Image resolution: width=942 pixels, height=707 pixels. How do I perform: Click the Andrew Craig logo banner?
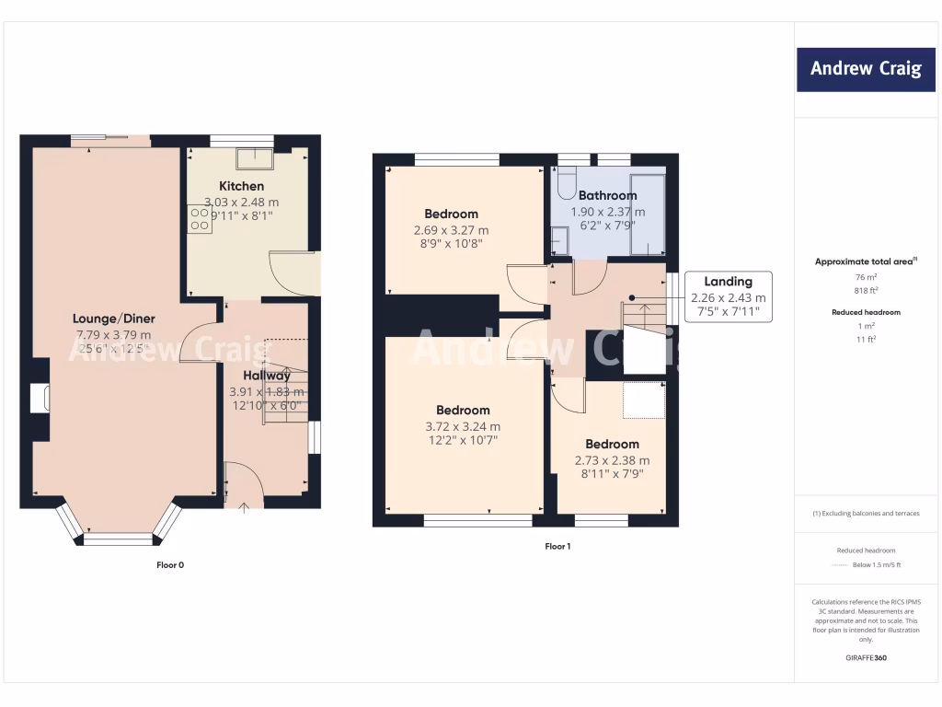point(865,69)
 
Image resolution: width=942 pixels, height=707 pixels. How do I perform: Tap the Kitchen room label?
point(241,186)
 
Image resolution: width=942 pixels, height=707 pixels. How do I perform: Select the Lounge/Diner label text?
point(113,319)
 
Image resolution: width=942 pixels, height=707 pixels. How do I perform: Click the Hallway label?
point(266,375)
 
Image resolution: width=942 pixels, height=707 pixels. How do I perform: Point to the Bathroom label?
point(607,195)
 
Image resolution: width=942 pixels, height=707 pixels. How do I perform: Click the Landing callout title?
point(728,282)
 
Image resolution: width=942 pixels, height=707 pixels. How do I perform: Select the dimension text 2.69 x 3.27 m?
point(451,230)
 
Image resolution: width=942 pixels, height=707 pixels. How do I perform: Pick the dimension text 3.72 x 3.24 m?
point(463,426)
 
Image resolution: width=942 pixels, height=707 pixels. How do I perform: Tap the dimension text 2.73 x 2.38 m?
point(612,460)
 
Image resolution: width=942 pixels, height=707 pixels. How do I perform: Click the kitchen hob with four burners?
point(200,219)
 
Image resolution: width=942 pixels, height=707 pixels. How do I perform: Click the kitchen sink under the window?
point(253,159)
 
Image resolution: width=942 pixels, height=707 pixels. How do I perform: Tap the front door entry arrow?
point(244,505)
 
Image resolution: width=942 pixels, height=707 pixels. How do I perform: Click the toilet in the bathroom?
point(566,179)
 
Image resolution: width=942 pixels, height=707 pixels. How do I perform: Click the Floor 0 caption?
point(169,565)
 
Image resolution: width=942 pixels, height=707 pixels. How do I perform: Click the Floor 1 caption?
point(557,547)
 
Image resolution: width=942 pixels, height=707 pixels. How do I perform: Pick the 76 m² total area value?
point(867,276)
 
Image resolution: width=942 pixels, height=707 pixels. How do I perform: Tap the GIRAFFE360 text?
point(866,658)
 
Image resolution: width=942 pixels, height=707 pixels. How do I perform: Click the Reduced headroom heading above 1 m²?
point(866,312)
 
